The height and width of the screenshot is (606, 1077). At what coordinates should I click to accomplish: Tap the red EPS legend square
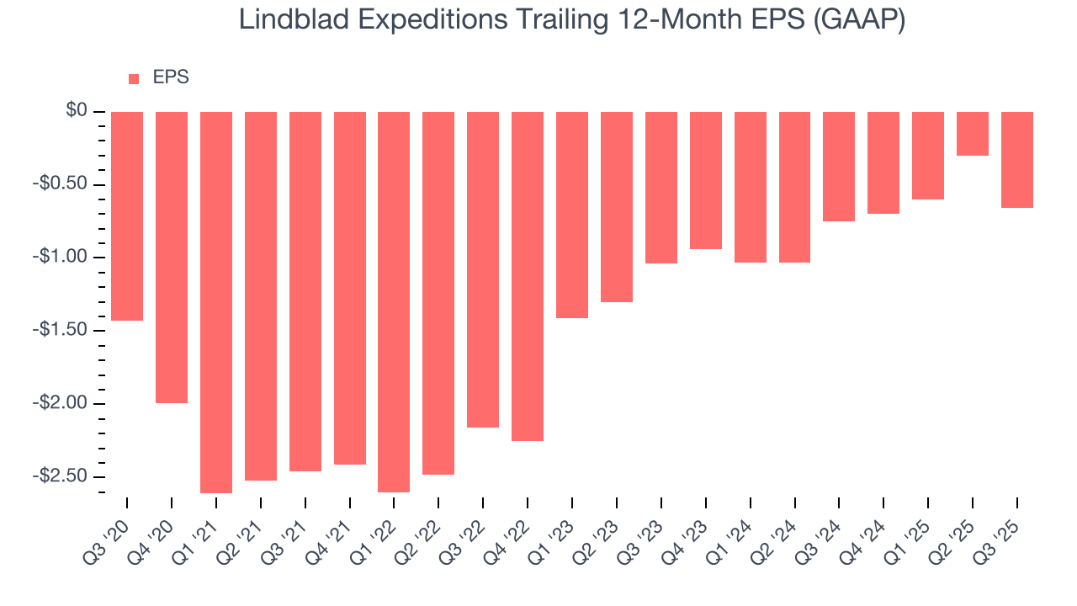tap(133, 79)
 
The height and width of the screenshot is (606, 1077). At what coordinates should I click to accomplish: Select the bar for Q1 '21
tap(216, 302)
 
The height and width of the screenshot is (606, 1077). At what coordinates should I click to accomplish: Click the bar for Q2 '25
tap(973, 134)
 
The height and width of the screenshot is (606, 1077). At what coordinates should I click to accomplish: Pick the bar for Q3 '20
tap(127, 216)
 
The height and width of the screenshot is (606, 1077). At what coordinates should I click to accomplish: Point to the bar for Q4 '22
tap(528, 276)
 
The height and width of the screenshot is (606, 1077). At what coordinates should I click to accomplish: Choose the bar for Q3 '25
tap(1017, 160)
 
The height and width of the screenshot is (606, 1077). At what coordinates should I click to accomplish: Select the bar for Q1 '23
tap(572, 215)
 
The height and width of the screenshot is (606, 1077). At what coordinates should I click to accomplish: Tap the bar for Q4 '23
tap(706, 180)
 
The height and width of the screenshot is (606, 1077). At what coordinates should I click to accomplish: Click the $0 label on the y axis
tap(77, 111)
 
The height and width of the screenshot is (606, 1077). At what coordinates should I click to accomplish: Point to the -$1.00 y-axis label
tap(61, 258)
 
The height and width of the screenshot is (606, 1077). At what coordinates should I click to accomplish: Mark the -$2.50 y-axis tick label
tap(61, 476)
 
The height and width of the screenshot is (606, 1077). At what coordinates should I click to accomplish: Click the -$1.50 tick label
tap(61, 330)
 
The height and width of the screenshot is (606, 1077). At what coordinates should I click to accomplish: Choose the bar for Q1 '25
tap(928, 156)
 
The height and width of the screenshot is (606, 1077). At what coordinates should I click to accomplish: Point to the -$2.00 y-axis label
tap(61, 403)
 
